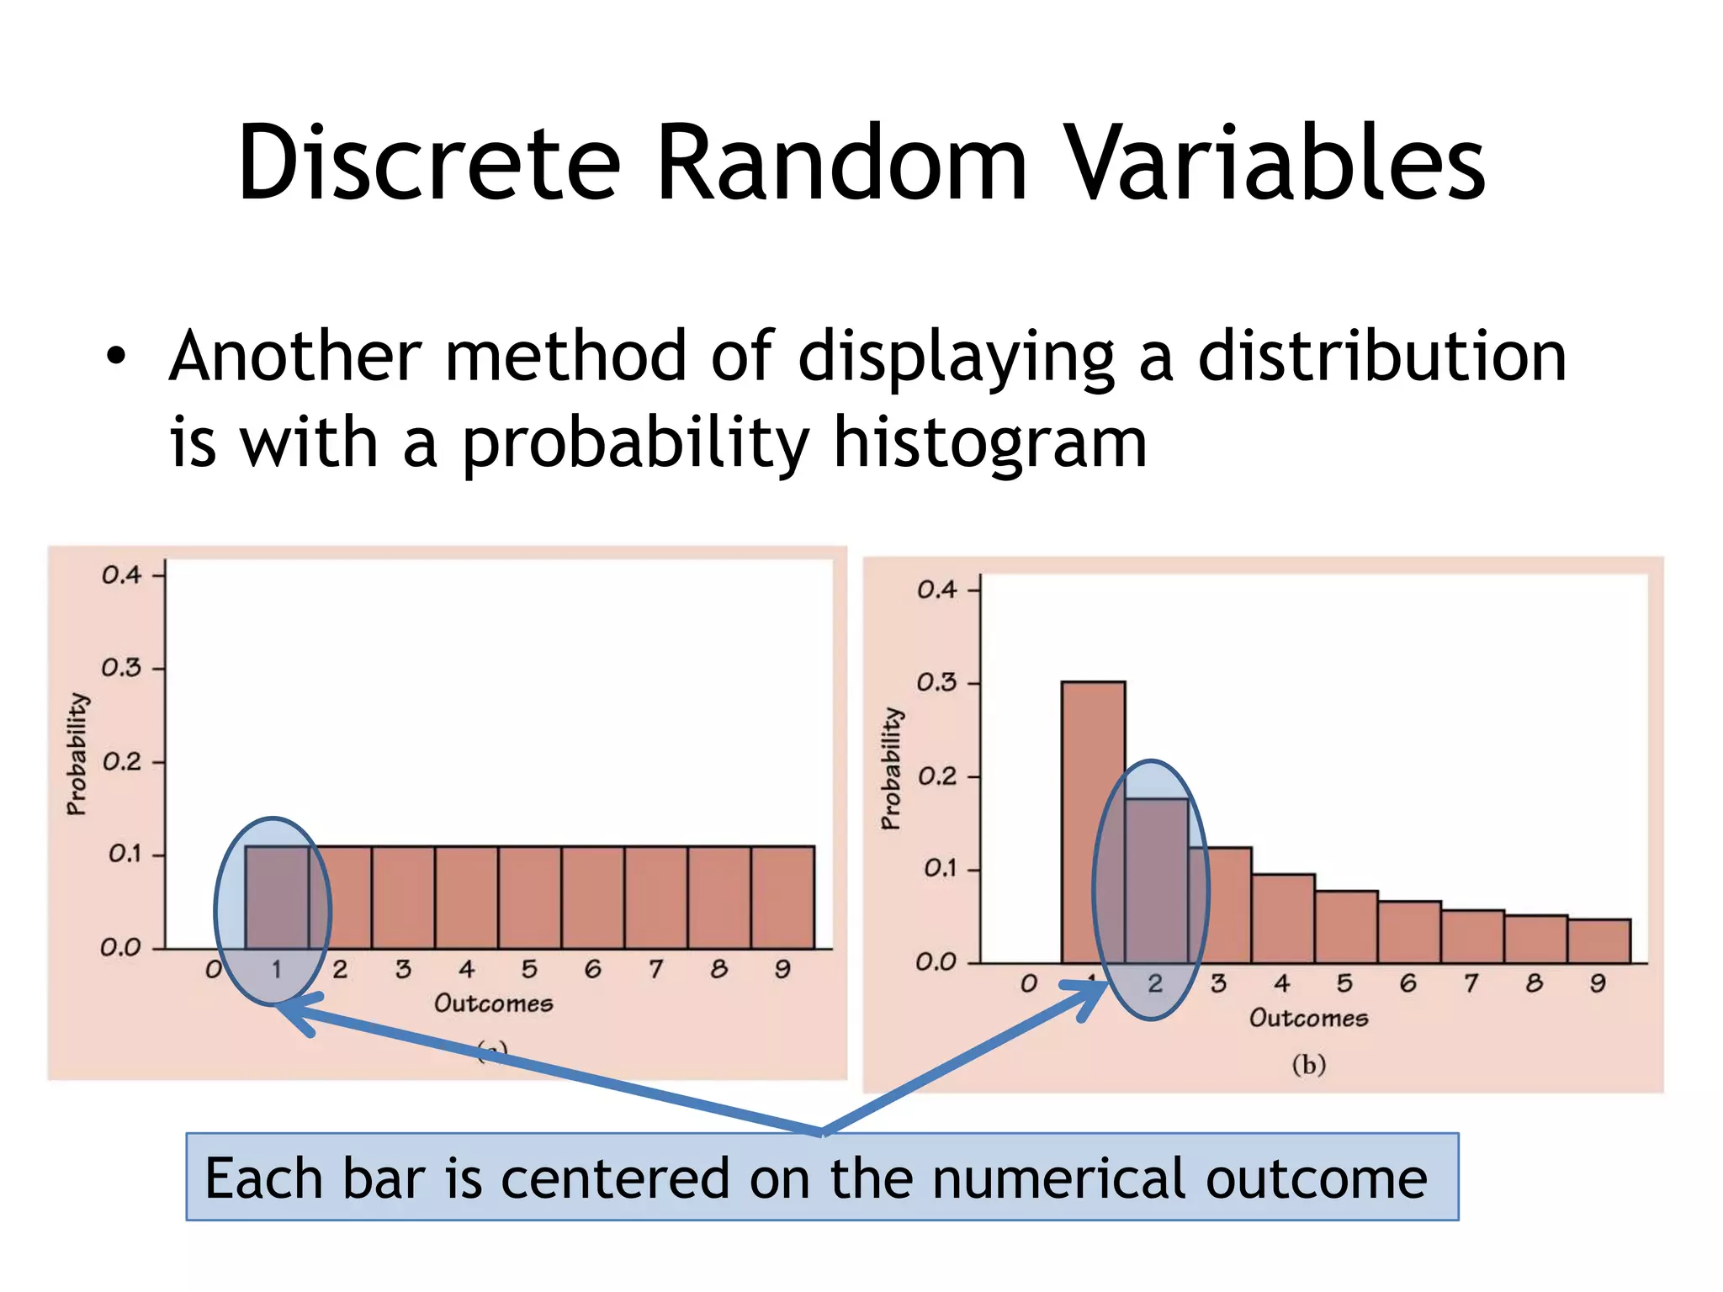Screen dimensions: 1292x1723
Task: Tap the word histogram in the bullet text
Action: (x=990, y=444)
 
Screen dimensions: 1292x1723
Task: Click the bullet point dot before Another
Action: (x=116, y=357)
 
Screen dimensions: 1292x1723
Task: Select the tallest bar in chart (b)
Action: (x=1093, y=820)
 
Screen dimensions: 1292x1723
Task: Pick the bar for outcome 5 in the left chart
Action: (x=529, y=897)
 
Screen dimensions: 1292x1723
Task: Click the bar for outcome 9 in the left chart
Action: (x=782, y=897)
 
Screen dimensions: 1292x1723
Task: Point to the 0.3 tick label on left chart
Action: (x=121, y=669)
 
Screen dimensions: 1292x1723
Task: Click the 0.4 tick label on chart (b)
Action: (x=936, y=590)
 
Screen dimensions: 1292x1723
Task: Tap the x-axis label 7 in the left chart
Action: (x=655, y=970)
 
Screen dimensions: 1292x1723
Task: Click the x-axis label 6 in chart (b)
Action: (x=1408, y=983)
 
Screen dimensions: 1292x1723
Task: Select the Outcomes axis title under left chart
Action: (x=494, y=1003)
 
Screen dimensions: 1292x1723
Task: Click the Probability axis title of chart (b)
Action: (x=891, y=768)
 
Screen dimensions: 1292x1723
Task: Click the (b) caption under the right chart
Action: (x=1308, y=1065)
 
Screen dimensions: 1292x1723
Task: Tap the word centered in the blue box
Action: (x=615, y=1178)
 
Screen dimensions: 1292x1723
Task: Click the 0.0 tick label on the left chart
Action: (x=120, y=948)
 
